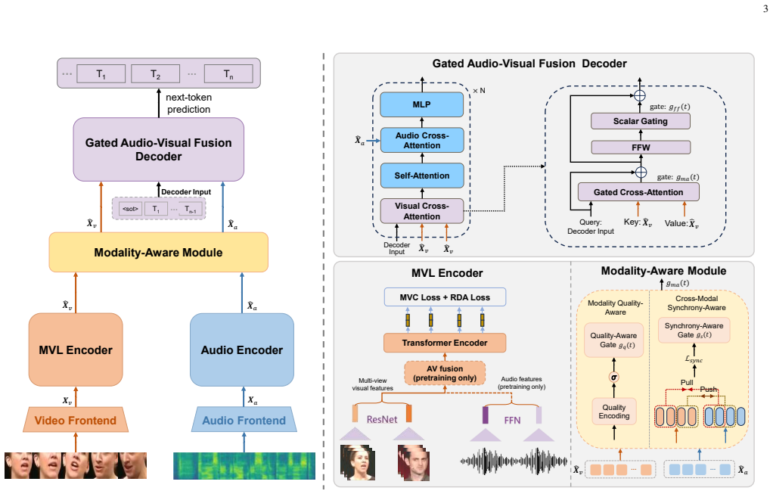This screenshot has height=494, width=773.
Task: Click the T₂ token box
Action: click(x=155, y=74)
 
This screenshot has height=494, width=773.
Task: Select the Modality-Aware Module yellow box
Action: click(x=158, y=253)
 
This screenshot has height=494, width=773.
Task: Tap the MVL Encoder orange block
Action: click(x=76, y=350)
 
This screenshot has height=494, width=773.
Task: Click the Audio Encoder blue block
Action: click(x=241, y=350)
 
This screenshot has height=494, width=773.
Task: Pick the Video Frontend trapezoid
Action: click(x=76, y=420)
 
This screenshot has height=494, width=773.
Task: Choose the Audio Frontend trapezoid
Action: click(x=244, y=420)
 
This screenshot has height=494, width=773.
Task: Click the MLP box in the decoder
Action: click(x=421, y=104)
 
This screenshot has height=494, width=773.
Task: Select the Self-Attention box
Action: click(x=421, y=176)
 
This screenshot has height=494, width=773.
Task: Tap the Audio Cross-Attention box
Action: click(x=421, y=140)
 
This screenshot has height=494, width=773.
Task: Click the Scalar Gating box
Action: click(x=641, y=121)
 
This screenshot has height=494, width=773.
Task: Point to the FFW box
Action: click(x=641, y=148)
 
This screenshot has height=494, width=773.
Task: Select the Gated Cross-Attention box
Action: click(x=638, y=192)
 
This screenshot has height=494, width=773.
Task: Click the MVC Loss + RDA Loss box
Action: click(x=445, y=297)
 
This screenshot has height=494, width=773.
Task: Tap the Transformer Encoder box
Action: click(x=445, y=343)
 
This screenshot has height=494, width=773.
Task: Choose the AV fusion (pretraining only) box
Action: click(x=445, y=373)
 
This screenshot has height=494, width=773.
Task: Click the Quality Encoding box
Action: click(x=613, y=412)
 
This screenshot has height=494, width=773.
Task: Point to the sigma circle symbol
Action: click(x=613, y=377)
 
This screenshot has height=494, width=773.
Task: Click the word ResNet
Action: click(x=381, y=420)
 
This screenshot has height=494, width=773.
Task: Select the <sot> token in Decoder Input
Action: click(x=130, y=209)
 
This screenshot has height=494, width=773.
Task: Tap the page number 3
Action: click(x=765, y=8)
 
